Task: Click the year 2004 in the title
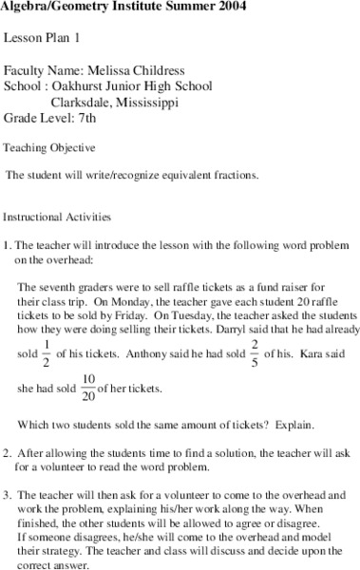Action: [x=238, y=9]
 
